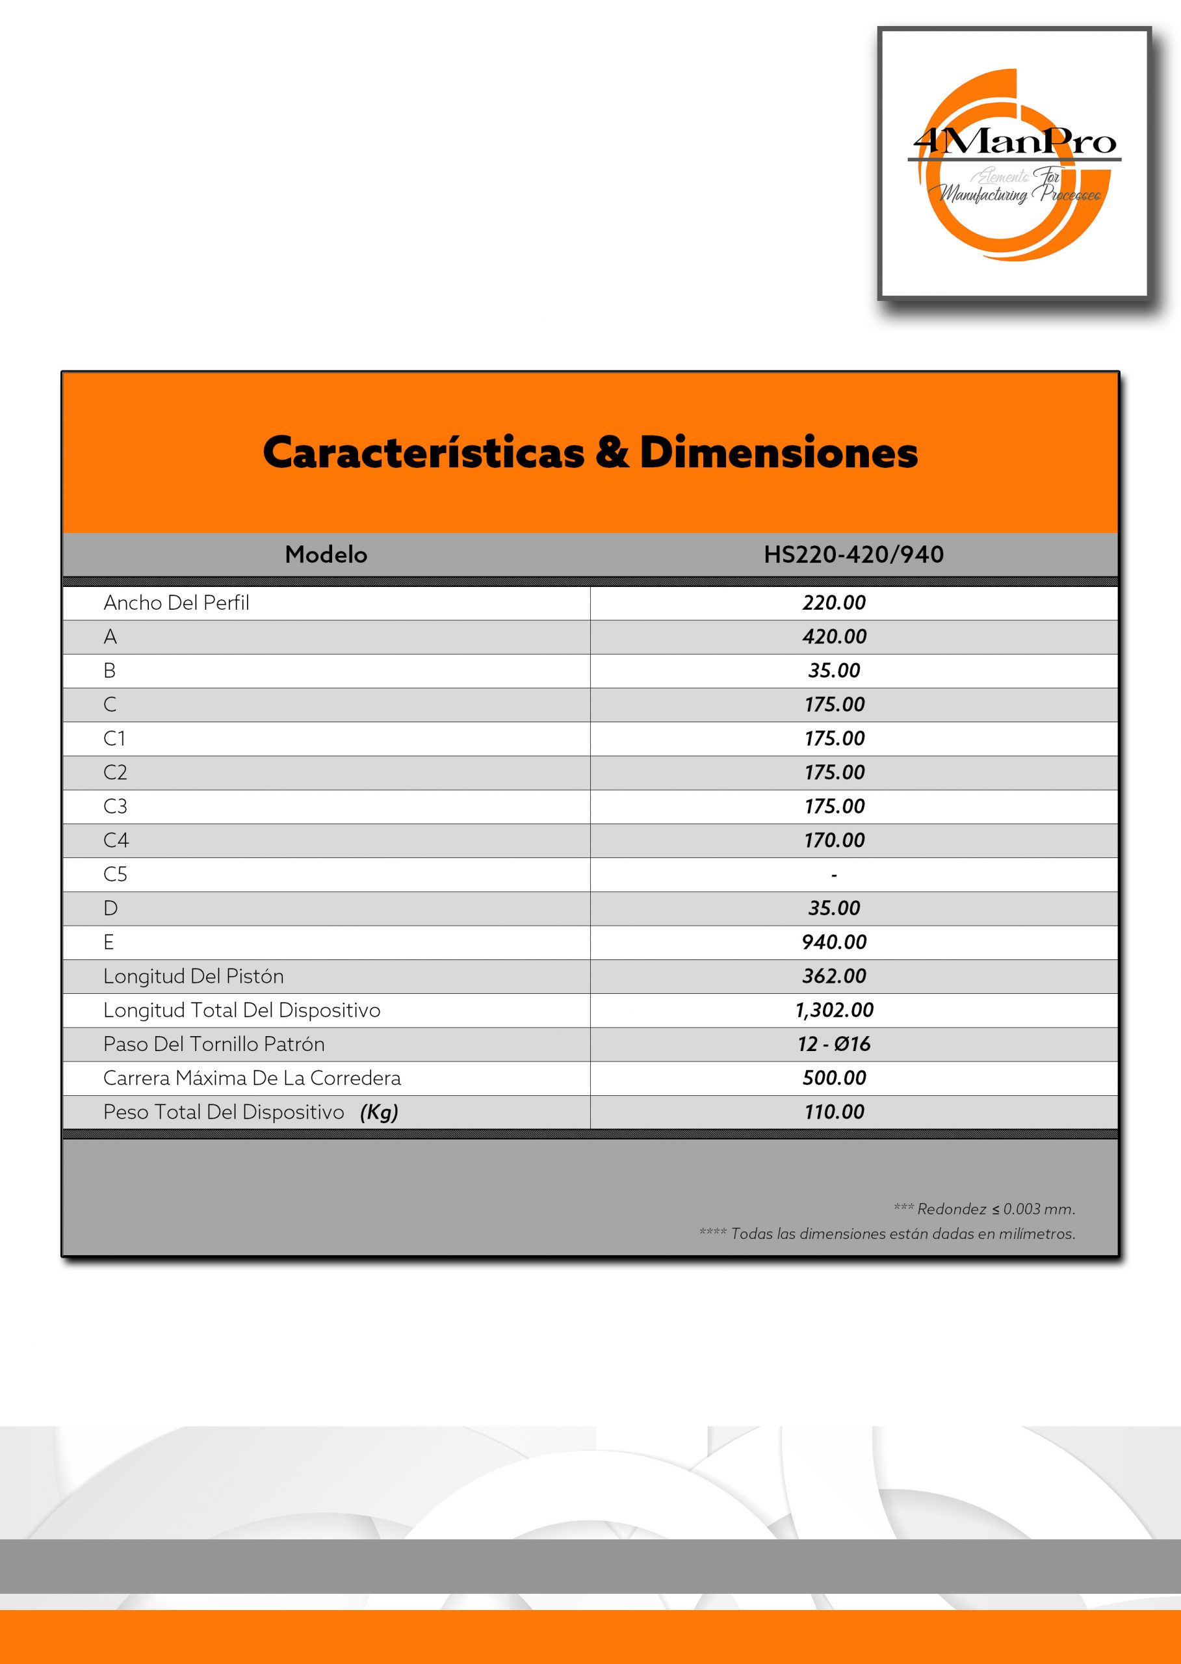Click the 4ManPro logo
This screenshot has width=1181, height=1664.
[1014, 164]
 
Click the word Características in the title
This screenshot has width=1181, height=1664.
[423, 452]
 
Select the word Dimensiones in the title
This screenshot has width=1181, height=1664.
[778, 452]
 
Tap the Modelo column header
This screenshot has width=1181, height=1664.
[326, 555]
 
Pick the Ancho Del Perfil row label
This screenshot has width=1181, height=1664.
[176, 603]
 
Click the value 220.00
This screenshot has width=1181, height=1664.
[834, 603]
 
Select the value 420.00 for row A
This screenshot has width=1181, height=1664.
[834, 637]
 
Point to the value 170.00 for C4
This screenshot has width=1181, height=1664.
[834, 840]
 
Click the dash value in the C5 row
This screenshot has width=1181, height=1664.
[834, 875]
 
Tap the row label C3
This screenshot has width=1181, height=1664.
[115, 807]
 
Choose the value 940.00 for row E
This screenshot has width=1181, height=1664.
[834, 942]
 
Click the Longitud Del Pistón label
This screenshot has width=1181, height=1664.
[194, 977]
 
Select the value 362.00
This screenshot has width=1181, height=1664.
[834, 977]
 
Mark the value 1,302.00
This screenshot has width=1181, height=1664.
[834, 1010]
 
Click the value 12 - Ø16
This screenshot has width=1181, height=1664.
[834, 1045]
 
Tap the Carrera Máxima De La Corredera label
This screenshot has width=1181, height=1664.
[252, 1078]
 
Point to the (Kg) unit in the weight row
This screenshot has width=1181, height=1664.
[379, 1113]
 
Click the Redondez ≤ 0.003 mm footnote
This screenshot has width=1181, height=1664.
[984, 1210]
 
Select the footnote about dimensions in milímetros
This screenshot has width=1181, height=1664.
[887, 1234]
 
